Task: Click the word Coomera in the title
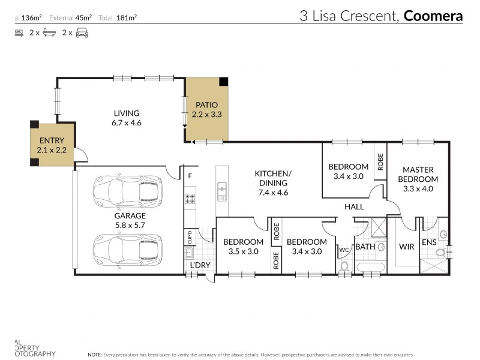pos(433,16)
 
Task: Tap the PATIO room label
pos(205,104)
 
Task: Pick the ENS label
pos(428,242)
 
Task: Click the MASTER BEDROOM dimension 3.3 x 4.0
pos(418,188)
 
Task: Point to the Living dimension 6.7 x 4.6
pos(126,122)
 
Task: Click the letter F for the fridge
pos(190,176)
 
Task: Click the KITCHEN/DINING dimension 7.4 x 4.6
pos(272,193)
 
